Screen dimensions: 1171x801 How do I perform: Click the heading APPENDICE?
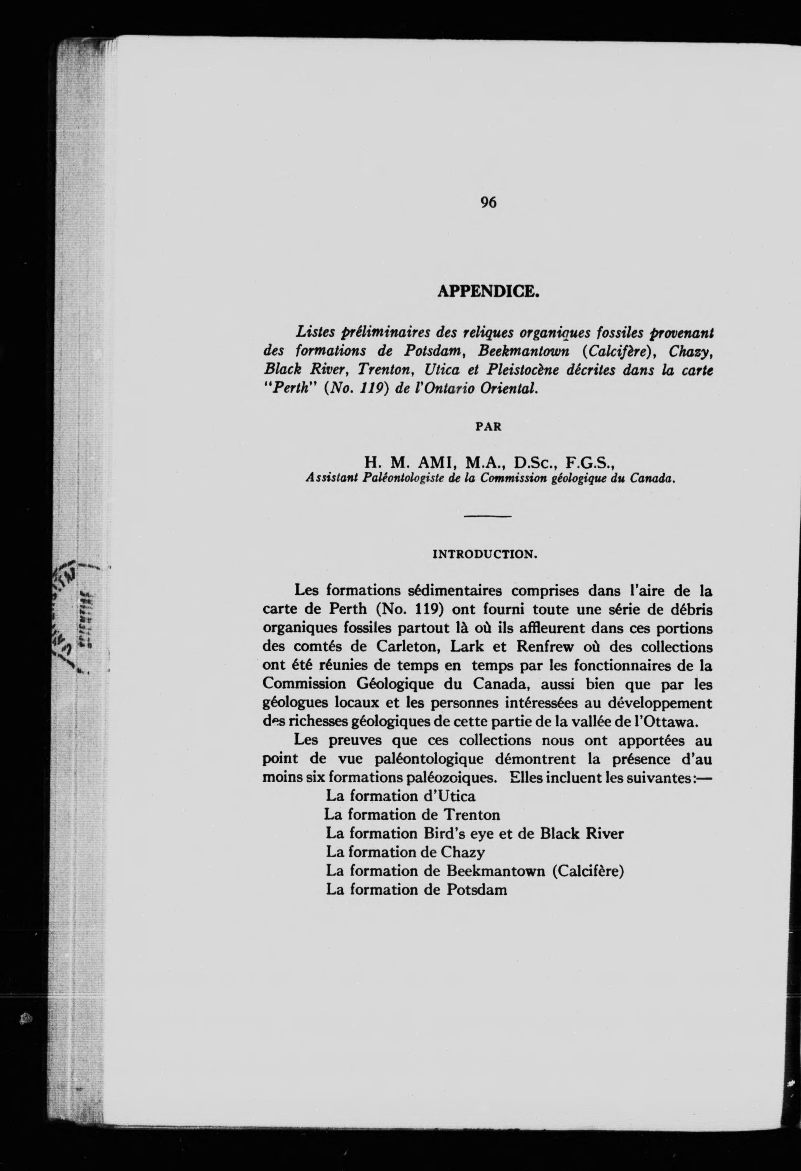coord(488,291)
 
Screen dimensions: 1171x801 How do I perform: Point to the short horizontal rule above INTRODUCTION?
coord(488,517)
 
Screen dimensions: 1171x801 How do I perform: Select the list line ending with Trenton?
coord(412,815)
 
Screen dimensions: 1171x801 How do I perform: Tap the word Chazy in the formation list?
coord(463,852)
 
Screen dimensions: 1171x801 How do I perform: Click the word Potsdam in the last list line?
coord(476,889)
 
